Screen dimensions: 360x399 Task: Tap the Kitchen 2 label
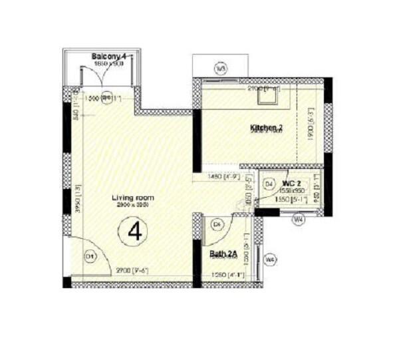click(267, 127)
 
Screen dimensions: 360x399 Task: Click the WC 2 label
click(291, 182)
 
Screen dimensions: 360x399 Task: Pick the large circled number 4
click(136, 232)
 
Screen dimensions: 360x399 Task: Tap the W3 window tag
click(221, 68)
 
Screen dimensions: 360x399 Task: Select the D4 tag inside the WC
click(269, 183)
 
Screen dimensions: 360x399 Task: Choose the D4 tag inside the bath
click(217, 225)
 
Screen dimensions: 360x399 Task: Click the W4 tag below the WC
click(299, 218)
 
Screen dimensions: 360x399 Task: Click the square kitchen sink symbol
click(271, 97)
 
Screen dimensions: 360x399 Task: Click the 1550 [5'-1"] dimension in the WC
click(290, 198)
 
